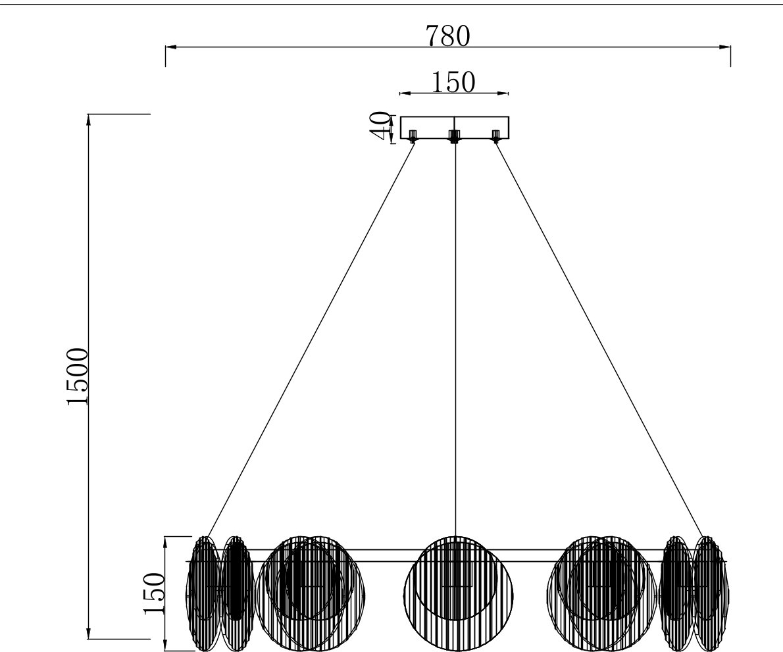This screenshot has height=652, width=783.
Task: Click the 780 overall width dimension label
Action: [448, 36]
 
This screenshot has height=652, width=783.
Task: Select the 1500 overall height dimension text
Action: [78, 376]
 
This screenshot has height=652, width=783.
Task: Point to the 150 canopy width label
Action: [453, 82]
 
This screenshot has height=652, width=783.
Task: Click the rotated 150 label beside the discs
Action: [154, 593]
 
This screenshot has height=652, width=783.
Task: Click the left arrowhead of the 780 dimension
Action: [171, 47]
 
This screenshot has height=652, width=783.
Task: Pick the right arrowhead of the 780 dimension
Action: [724, 47]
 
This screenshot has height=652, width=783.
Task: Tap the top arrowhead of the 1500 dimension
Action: [89, 120]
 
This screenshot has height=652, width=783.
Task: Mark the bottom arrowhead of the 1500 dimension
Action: [89, 632]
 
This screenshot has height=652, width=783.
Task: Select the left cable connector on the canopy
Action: [413, 136]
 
